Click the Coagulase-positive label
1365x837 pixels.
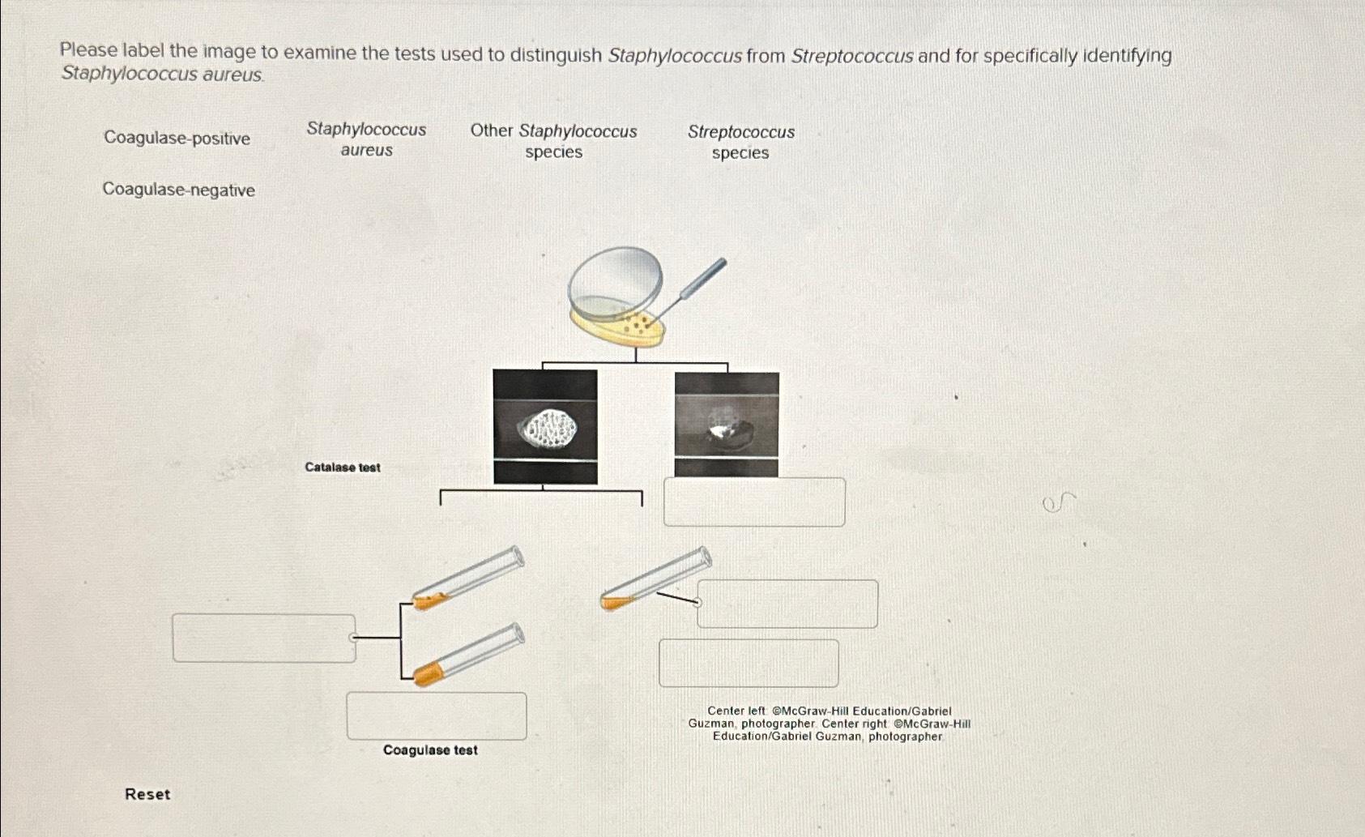(x=177, y=139)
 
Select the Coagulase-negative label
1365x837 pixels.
(x=178, y=190)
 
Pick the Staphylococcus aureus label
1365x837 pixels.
(x=366, y=139)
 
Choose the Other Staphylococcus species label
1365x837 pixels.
(x=553, y=141)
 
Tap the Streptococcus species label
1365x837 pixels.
(x=740, y=142)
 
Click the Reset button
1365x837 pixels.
(x=147, y=794)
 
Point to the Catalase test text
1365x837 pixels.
(x=342, y=468)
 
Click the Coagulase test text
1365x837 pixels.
(x=430, y=750)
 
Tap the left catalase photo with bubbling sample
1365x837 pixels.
(x=545, y=426)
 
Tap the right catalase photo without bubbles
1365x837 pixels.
(x=727, y=425)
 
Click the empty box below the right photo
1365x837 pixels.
(x=754, y=502)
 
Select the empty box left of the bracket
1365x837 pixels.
(x=263, y=638)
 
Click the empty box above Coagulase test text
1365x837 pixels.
(x=437, y=715)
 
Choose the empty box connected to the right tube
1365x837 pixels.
(x=787, y=604)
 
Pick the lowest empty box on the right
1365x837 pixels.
(x=749, y=663)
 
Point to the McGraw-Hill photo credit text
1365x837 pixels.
(x=829, y=724)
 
